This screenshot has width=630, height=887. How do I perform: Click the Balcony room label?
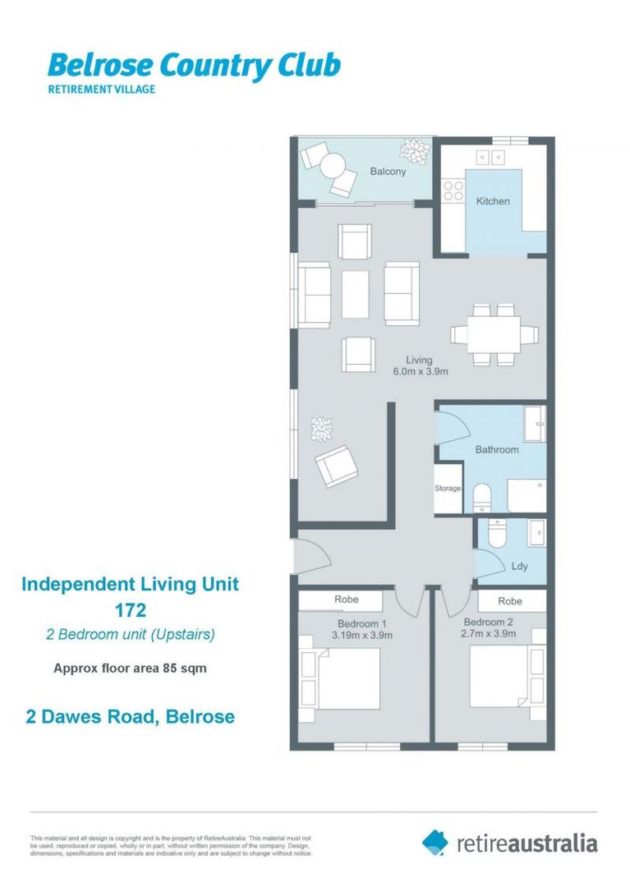point(388,172)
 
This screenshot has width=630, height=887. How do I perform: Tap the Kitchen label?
point(493,201)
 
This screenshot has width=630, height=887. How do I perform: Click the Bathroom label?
point(497,449)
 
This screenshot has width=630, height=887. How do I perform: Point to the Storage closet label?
point(448,489)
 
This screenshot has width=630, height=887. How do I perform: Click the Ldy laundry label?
point(519,567)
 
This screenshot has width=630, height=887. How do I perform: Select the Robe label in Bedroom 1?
point(346,600)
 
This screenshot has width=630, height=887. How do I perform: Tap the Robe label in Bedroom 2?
point(510,601)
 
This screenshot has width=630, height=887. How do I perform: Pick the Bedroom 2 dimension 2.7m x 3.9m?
point(489,633)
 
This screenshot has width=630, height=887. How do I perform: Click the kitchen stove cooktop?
point(453,191)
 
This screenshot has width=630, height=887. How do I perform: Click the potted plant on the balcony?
point(414,149)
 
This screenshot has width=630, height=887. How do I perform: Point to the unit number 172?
point(130,610)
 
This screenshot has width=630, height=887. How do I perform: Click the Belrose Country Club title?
point(194,65)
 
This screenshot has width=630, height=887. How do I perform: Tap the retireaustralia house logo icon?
point(435,842)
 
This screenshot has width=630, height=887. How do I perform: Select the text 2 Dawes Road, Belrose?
point(128,716)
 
